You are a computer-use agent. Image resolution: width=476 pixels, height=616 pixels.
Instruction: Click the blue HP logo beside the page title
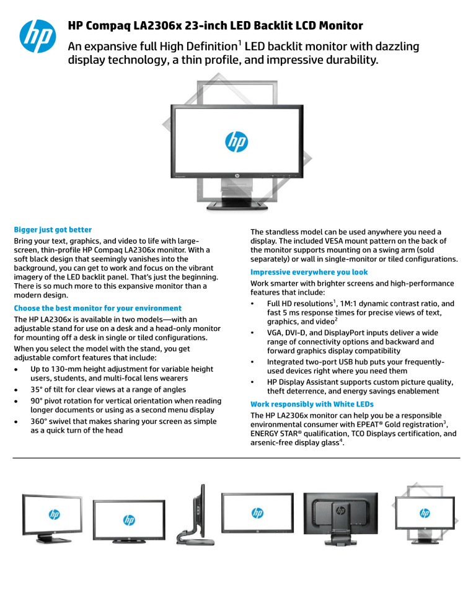pyautogui.click(x=35, y=36)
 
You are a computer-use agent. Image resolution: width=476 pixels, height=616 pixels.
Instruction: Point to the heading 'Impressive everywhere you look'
pyautogui.click(x=309, y=272)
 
